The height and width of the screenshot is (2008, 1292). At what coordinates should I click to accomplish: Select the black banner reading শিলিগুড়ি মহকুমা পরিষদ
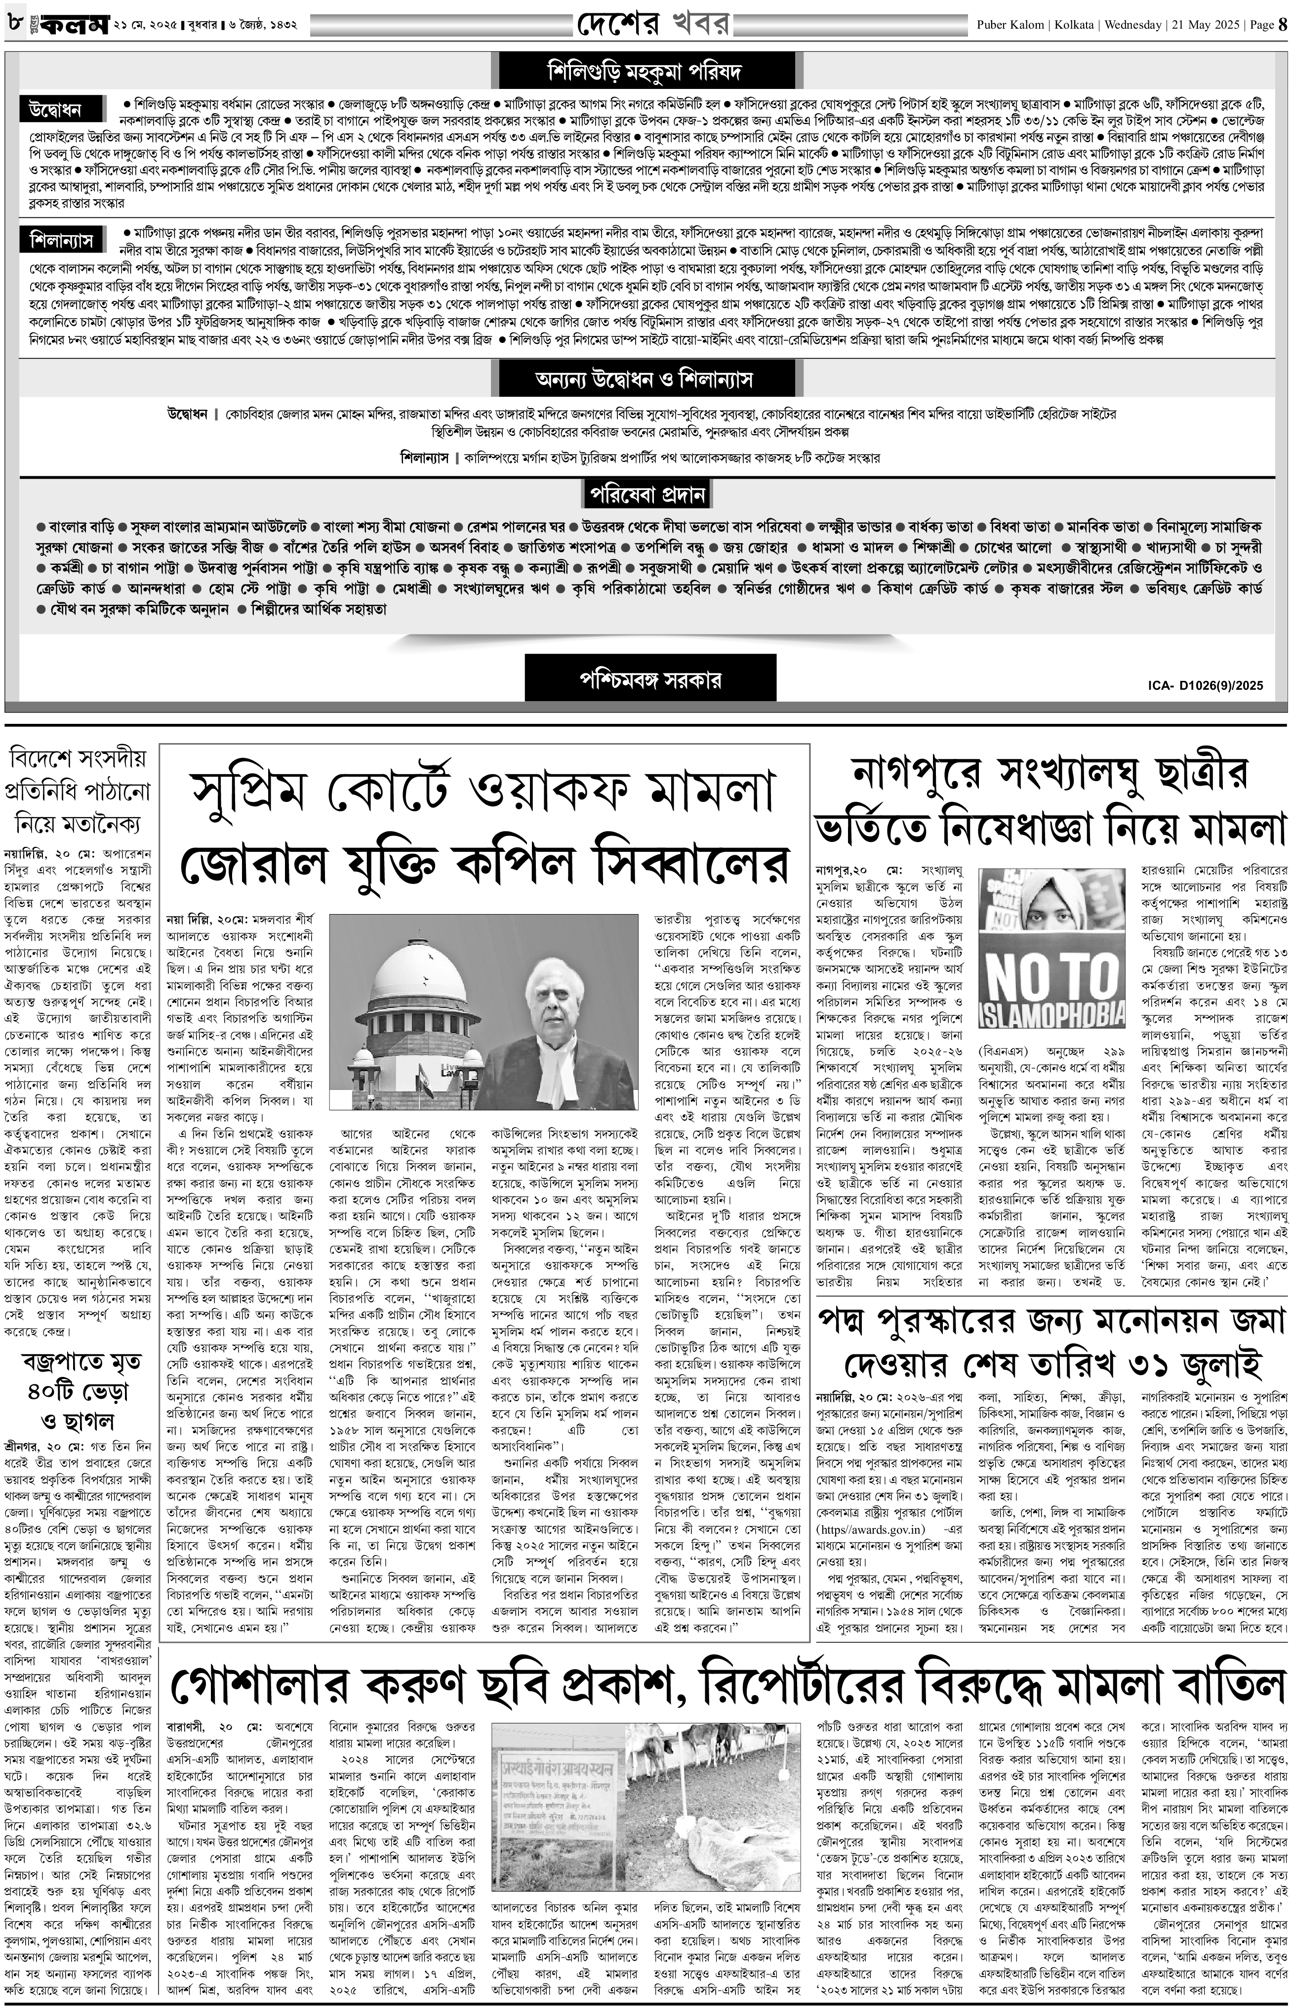click(645, 71)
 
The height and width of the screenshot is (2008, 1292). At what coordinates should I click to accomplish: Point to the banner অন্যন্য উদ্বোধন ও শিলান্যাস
click(645, 379)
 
